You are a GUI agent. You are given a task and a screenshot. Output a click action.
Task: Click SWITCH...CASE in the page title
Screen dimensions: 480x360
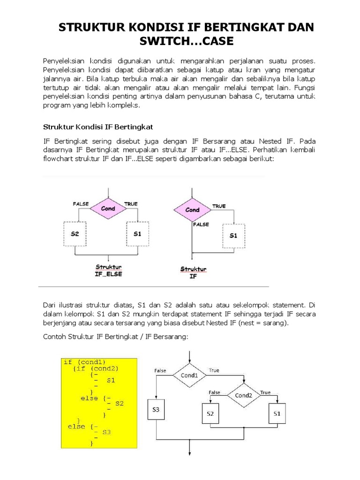click(186, 41)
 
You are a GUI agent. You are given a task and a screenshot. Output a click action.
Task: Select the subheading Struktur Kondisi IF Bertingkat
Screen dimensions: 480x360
click(98, 127)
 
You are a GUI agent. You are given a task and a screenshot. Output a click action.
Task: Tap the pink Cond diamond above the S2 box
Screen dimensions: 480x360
click(108, 209)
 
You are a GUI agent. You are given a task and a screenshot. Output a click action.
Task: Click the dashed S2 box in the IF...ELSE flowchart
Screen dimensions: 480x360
click(75, 233)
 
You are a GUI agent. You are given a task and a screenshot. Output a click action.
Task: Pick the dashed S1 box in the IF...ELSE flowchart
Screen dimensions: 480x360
click(137, 233)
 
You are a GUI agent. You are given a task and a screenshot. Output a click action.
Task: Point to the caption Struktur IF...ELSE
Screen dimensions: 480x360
click(108, 270)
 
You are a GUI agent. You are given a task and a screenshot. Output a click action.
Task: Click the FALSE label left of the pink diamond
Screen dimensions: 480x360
click(81, 204)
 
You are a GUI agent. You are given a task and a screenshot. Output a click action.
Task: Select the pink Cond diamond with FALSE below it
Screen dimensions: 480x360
click(193, 210)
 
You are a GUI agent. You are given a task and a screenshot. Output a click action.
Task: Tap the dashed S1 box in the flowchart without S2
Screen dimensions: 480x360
click(233, 235)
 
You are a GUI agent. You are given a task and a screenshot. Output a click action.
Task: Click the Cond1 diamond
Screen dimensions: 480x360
click(189, 375)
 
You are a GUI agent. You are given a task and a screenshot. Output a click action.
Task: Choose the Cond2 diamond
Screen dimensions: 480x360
click(244, 395)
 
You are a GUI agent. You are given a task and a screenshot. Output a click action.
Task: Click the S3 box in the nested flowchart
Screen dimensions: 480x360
click(157, 409)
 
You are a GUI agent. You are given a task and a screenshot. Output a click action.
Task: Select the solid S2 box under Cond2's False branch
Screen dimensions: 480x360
click(210, 414)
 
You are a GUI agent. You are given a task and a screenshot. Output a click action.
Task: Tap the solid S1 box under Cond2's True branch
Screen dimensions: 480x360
click(276, 414)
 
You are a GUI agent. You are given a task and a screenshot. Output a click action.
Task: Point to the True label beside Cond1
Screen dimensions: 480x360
click(214, 370)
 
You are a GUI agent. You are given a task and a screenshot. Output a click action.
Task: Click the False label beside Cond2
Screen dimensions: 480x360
click(215, 392)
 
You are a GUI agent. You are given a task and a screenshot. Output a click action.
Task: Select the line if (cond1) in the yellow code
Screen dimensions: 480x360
click(85, 362)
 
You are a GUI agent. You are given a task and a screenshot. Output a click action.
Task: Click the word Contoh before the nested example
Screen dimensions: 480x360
click(54, 336)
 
